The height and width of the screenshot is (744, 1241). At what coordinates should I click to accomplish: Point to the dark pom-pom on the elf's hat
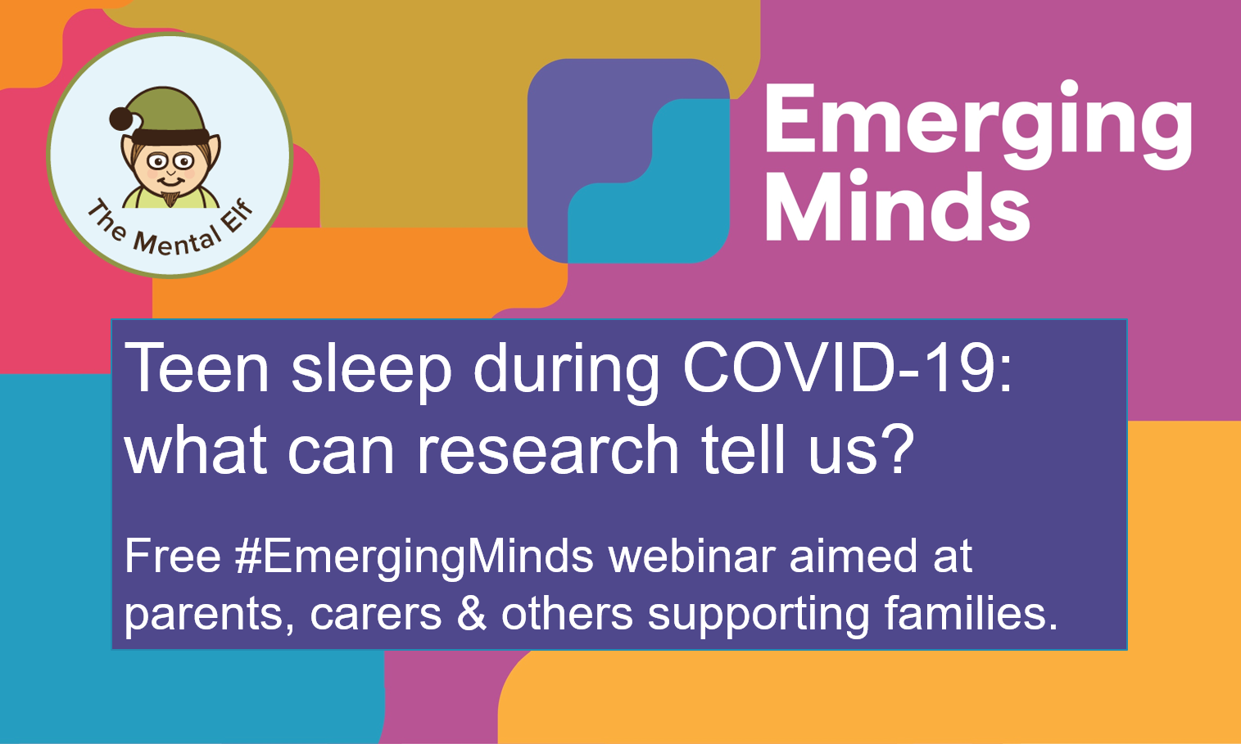tap(122, 120)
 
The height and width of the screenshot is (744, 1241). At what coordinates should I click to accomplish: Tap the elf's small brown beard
tap(170, 198)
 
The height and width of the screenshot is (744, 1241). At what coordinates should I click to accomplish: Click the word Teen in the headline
tap(197, 369)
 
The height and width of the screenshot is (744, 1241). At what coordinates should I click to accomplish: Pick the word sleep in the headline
tap(371, 369)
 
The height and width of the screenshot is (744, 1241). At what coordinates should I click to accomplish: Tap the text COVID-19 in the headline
tap(848, 369)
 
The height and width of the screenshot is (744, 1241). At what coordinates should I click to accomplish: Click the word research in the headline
tap(548, 449)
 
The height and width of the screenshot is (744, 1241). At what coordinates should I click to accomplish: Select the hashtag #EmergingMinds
tap(414, 557)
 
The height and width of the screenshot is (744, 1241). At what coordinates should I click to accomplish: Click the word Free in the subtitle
tap(173, 557)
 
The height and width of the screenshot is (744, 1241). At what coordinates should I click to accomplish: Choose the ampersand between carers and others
tap(472, 614)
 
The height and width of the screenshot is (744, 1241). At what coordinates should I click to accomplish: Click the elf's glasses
tap(170, 160)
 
